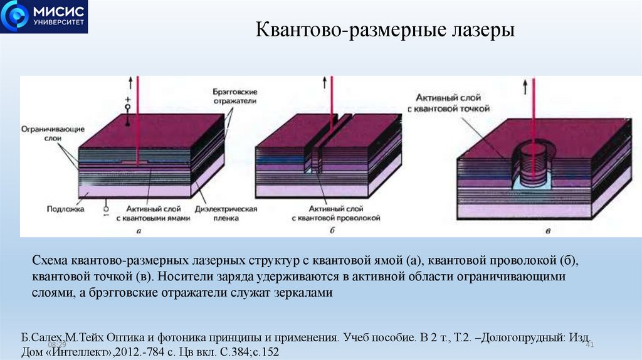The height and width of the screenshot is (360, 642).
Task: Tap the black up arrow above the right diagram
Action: click(525, 88)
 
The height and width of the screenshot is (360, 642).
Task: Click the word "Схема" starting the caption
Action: click(50, 260)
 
